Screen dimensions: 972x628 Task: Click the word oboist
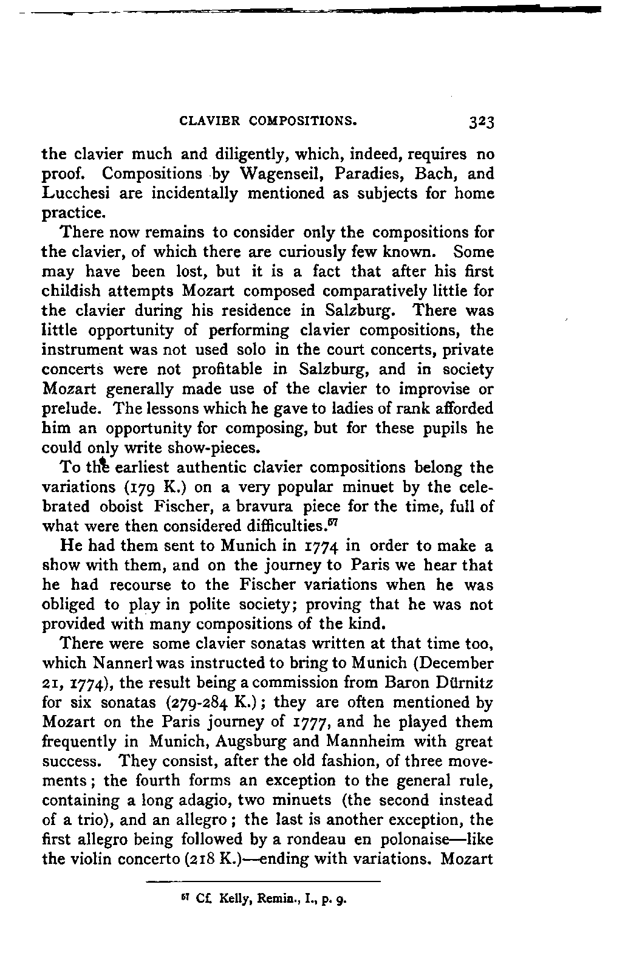click(121, 507)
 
